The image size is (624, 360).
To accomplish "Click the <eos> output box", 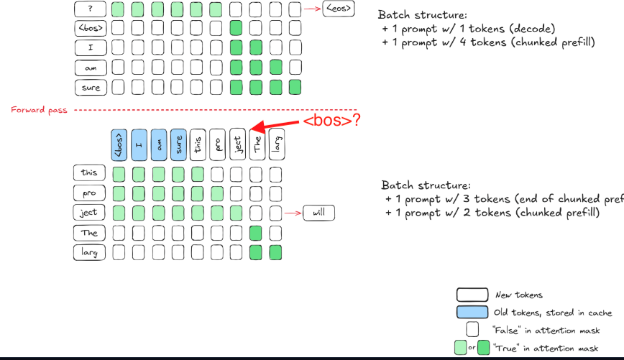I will coord(339,9).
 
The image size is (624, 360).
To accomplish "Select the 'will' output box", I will coord(318,213).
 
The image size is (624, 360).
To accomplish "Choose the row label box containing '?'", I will coord(91,9).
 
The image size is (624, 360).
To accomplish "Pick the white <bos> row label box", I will coord(91,29).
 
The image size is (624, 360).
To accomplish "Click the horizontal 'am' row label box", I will coord(91,68).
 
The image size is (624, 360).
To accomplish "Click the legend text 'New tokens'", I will coord(519,295).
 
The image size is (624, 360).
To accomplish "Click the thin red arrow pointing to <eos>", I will coord(312,9).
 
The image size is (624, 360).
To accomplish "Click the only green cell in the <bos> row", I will coord(236,29).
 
